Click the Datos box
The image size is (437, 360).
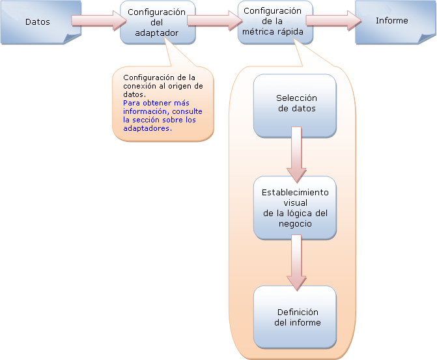click(37, 22)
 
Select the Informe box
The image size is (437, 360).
click(391, 21)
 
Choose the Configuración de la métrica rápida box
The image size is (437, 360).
click(272, 21)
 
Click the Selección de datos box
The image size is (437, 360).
click(295, 104)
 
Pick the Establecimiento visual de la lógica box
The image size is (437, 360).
click(295, 208)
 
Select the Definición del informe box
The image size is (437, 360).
click(295, 317)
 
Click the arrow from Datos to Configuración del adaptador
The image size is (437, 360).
click(97, 20)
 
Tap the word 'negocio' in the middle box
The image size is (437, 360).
click(294, 224)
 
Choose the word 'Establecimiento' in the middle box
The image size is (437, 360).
click(295, 193)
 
